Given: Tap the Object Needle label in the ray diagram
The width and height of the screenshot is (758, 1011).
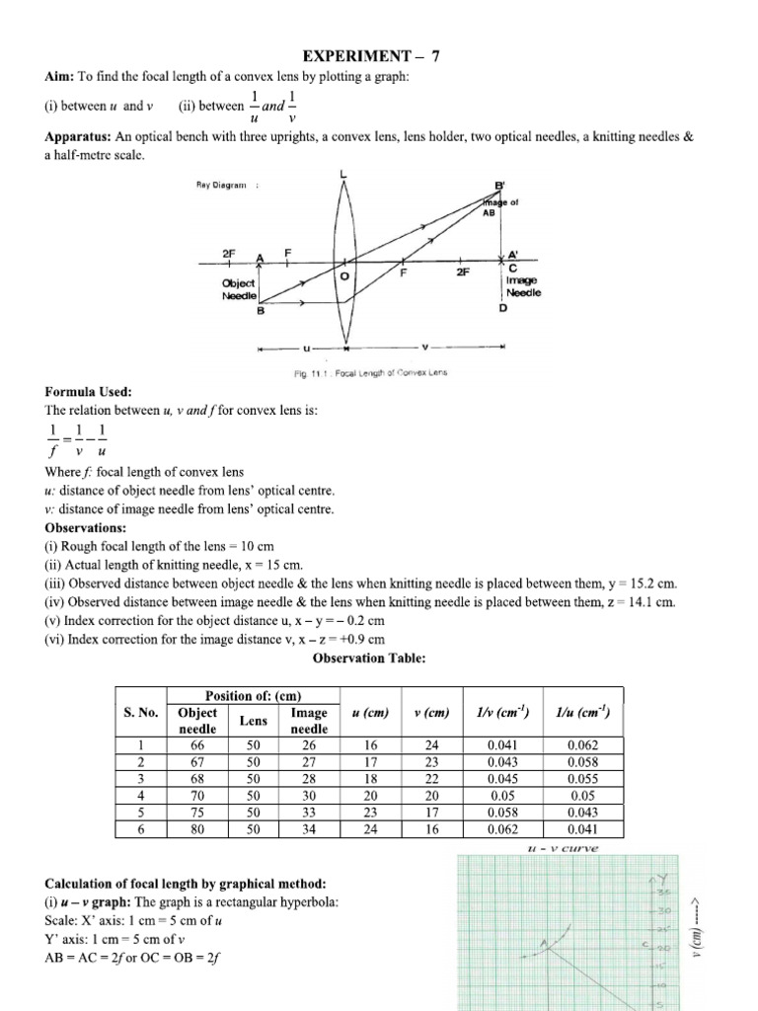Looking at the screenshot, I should [x=240, y=289].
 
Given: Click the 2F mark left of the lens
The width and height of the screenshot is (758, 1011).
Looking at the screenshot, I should [x=230, y=254].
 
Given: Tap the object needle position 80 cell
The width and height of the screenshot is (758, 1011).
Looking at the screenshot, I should [x=197, y=830].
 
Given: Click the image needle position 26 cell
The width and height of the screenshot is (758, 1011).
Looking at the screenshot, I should [x=308, y=746].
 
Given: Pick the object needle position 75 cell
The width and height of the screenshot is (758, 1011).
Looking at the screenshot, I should [x=197, y=814].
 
